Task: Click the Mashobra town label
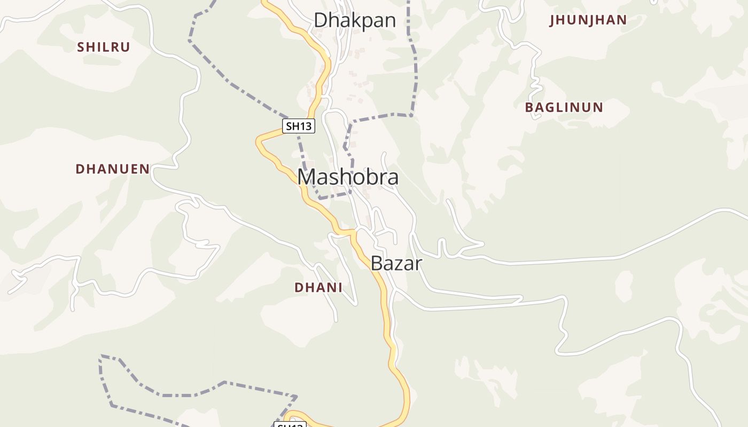pyautogui.click(x=348, y=177)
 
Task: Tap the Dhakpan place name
pyautogui.click(x=355, y=20)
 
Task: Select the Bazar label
pyautogui.click(x=396, y=263)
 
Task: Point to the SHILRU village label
pyautogui.click(x=104, y=47)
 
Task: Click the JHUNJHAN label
pyautogui.click(x=588, y=20)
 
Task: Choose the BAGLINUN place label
pyautogui.click(x=564, y=107)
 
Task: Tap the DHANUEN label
pyautogui.click(x=113, y=169)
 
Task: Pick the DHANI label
pyautogui.click(x=318, y=287)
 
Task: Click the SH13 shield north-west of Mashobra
pyautogui.click(x=299, y=126)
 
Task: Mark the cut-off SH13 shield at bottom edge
pyautogui.click(x=290, y=425)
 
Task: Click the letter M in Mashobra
pyautogui.click(x=307, y=177)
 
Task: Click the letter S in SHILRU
pyautogui.click(x=81, y=47)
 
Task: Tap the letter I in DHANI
pyautogui.click(x=339, y=287)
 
